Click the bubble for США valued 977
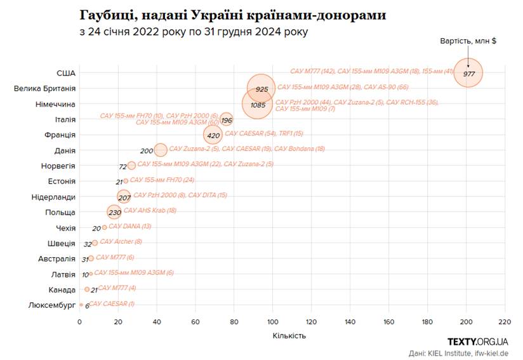[468, 73]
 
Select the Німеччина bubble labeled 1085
[258, 104]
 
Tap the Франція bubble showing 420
[213, 135]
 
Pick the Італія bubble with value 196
[227, 119]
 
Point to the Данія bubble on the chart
[161, 150]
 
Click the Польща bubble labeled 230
[114, 212]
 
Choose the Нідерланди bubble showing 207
[124, 197]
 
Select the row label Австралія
[56, 259]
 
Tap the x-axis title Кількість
[289, 335]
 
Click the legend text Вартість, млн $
[468, 41]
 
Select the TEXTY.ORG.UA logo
[477, 342]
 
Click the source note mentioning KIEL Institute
[458, 353]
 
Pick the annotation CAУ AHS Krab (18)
[150, 210]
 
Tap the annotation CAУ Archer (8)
[121, 241]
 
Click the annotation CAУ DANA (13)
[129, 226]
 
